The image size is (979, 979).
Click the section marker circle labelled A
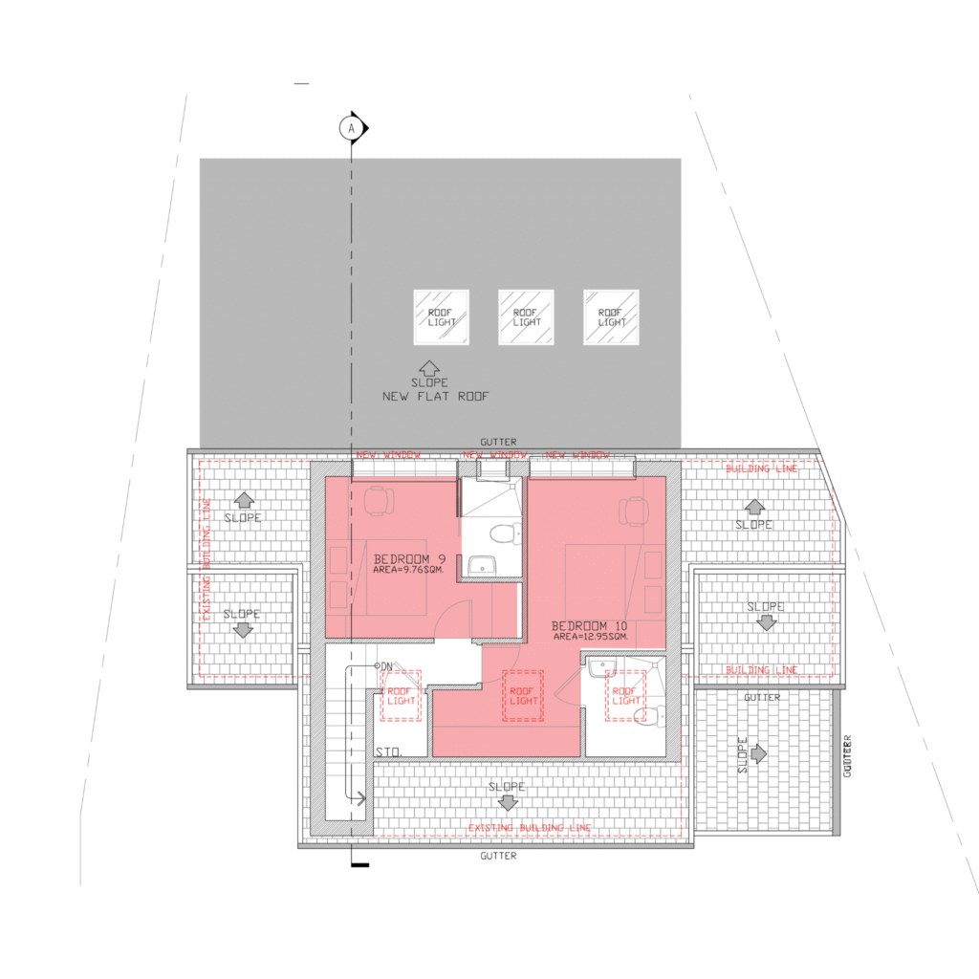tap(351, 126)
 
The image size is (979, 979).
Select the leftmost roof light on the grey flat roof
tap(441, 317)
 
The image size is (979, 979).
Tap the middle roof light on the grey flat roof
tap(526, 317)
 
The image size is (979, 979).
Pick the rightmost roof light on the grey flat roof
tap(611, 317)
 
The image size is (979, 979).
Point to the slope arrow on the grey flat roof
tap(429, 367)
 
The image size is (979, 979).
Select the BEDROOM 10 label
tap(589, 625)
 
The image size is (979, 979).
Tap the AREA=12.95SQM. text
tap(590, 637)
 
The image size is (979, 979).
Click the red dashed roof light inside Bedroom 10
tap(523, 695)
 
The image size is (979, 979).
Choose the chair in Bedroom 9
tap(379, 500)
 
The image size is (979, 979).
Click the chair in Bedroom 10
tap(632, 511)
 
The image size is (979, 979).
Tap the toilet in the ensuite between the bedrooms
tap(499, 532)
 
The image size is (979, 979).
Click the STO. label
tap(387, 752)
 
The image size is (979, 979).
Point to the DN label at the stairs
tap(384, 665)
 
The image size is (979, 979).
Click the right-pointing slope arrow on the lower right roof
tap(759, 754)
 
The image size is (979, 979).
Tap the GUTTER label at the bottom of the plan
tap(498, 856)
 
